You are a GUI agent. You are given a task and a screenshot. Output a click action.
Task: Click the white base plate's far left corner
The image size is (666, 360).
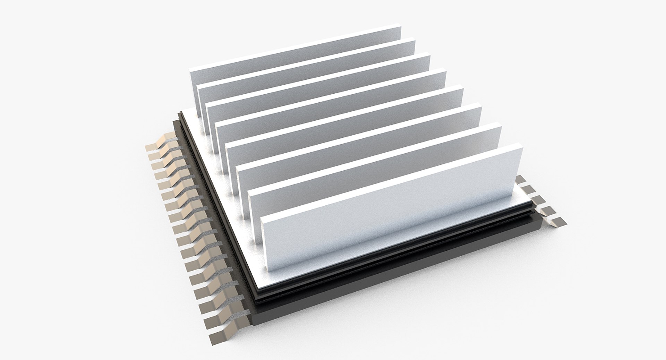[x=184, y=114]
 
